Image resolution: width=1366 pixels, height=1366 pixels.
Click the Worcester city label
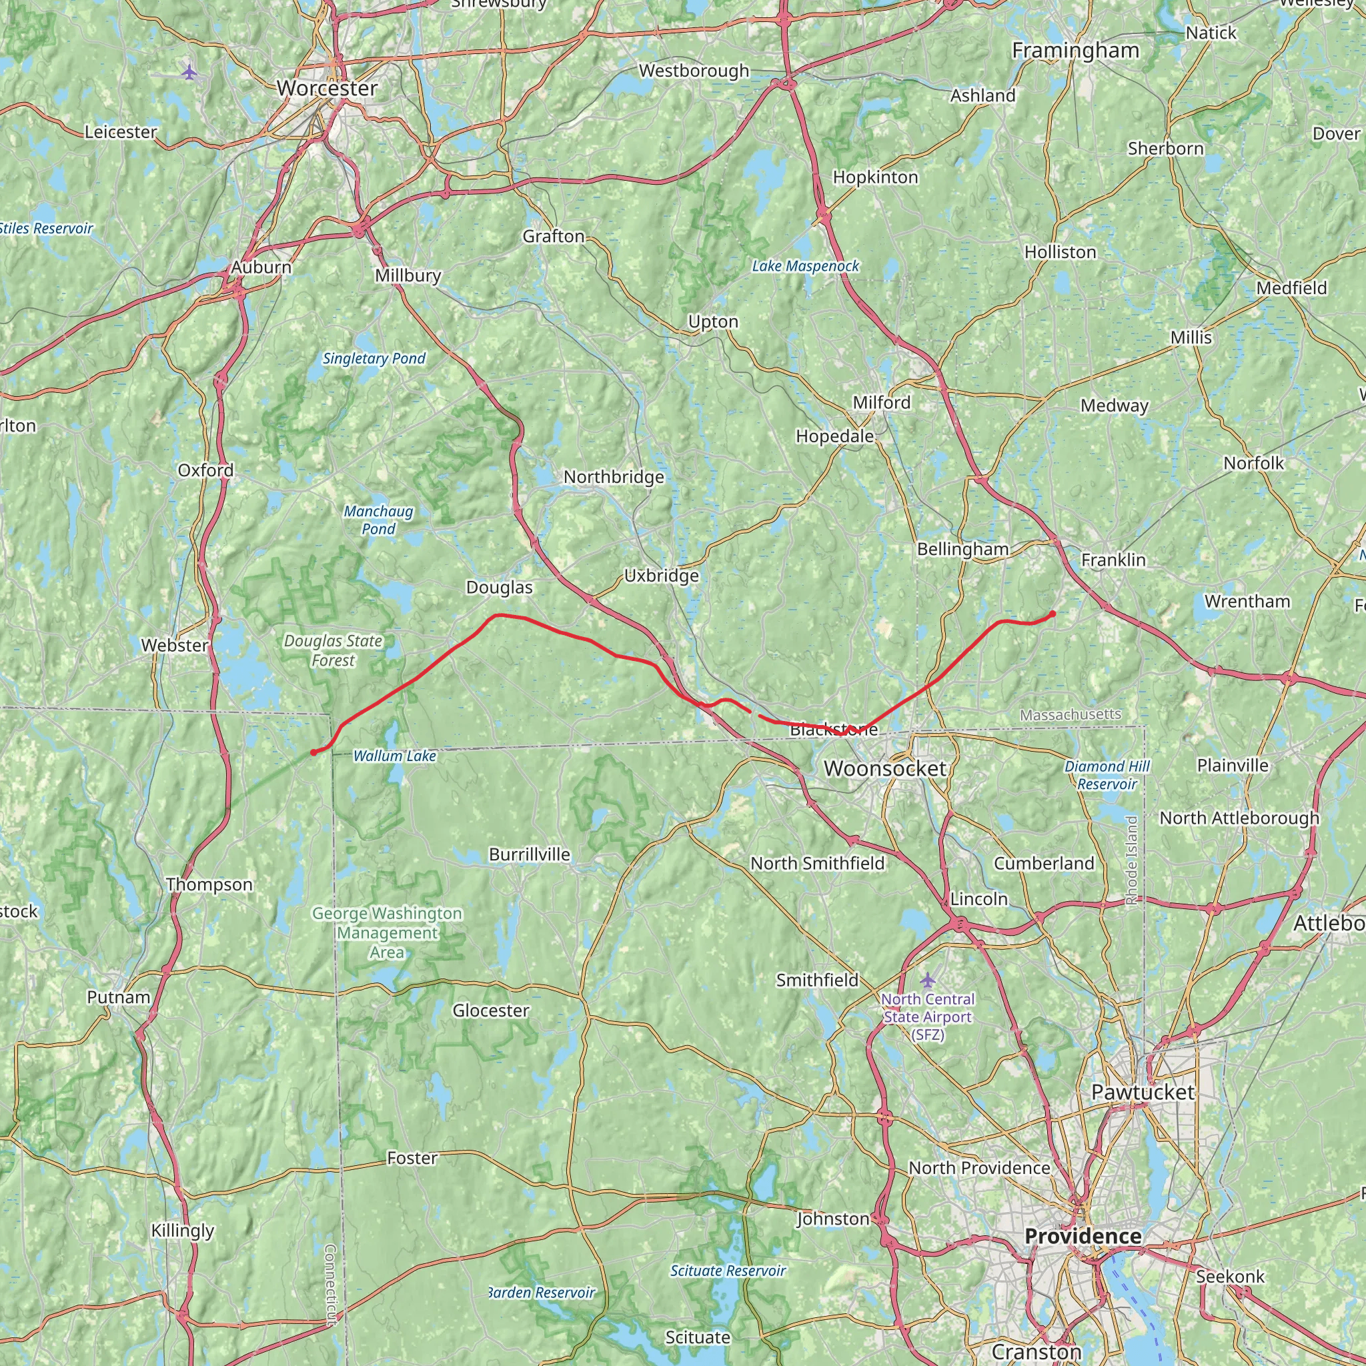coord(327,89)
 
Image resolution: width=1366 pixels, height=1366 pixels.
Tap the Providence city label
coord(1083,1236)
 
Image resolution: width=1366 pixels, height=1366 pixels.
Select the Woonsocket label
coord(884,768)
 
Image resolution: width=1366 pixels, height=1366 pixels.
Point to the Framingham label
coord(1075,51)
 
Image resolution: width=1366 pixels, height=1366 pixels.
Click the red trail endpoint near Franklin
coord(1053,614)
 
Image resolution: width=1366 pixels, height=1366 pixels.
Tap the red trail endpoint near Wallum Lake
coord(313,752)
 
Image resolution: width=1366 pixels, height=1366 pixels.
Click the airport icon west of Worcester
coord(189,71)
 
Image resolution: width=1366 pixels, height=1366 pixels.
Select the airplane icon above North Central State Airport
coord(928,980)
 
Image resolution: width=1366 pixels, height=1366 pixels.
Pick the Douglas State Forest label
coord(333,650)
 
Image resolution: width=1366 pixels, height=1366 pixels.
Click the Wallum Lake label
coord(395,756)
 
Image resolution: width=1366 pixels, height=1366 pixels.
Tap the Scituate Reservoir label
coord(728,1271)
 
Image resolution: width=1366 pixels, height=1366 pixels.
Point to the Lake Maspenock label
coord(805,266)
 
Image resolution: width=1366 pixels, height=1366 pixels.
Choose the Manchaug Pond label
coord(378,520)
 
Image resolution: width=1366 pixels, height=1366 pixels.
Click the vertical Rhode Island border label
coord(1131,861)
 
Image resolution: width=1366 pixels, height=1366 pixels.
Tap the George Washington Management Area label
coord(387,933)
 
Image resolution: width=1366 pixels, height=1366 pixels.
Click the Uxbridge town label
coord(661,576)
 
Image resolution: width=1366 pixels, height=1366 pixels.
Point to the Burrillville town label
coord(530,854)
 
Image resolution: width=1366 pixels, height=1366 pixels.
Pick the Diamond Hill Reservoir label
coord(1107,775)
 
